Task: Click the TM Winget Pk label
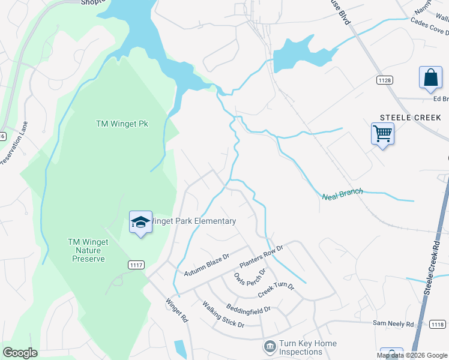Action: coord(122,124)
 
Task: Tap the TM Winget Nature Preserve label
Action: coord(88,250)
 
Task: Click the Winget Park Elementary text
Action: coord(192,221)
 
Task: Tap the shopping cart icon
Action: coord(382,133)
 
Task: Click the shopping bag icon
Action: coord(430,78)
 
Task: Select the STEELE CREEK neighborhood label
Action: coord(411,118)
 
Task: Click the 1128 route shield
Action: coord(385,80)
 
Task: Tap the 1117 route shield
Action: coord(136,265)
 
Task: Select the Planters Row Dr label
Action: coord(261,256)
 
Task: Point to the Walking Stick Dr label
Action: coord(223,315)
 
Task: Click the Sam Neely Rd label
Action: coord(393,323)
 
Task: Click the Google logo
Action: coord(20,353)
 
